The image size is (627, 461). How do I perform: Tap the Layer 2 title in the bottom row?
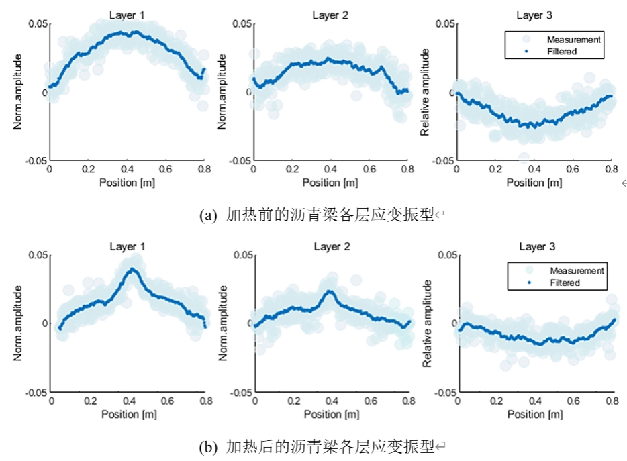point(332,247)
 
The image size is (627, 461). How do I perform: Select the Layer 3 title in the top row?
point(534,15)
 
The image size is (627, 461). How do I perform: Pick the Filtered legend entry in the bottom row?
point(564,283)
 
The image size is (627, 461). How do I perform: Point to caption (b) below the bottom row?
point(323,446)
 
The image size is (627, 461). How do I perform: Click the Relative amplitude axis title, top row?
point(424,93)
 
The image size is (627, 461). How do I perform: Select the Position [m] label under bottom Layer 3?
point(534,414)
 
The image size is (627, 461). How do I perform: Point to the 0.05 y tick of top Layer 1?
point(38,24)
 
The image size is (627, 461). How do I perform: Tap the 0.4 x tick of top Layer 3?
point(534,170)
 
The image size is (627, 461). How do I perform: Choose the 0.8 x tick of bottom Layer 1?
point(205,402)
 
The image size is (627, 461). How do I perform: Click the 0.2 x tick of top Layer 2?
point(291,170)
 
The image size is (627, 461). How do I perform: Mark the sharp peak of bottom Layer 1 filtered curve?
point(132,269)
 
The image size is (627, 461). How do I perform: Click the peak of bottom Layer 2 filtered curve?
point(329,291)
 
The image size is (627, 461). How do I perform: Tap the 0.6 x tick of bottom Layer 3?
point(573,402)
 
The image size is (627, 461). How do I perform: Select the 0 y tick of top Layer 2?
point(248,93)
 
